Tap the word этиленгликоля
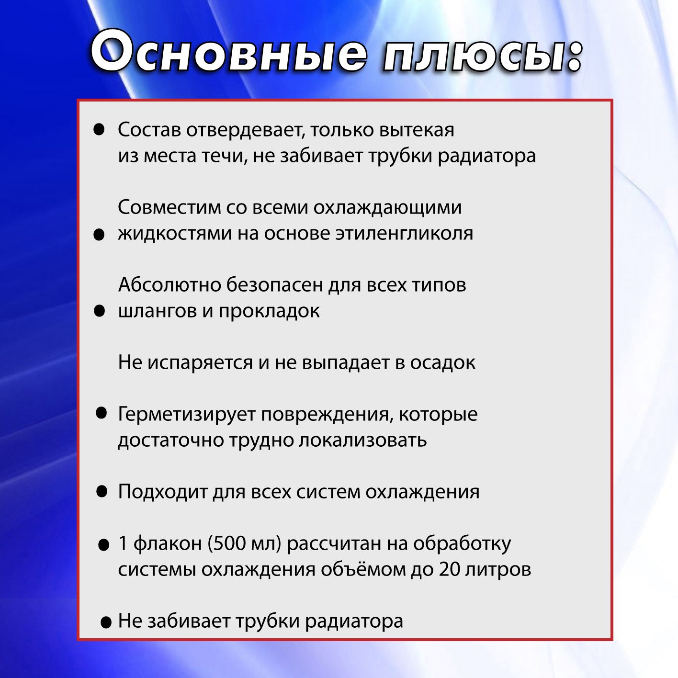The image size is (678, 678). pos(404,234)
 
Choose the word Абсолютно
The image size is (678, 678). pos(169,284)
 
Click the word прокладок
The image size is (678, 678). pos(269,312)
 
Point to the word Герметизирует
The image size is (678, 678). pos(186,414)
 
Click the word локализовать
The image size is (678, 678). pos(363,440)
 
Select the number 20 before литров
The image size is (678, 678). pos(450,569)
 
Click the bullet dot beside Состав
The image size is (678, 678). pos(99,129)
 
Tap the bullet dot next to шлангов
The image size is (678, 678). pos(100,311)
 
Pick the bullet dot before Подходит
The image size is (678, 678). pos(102,491)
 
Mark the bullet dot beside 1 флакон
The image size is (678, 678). pos(103,545)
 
